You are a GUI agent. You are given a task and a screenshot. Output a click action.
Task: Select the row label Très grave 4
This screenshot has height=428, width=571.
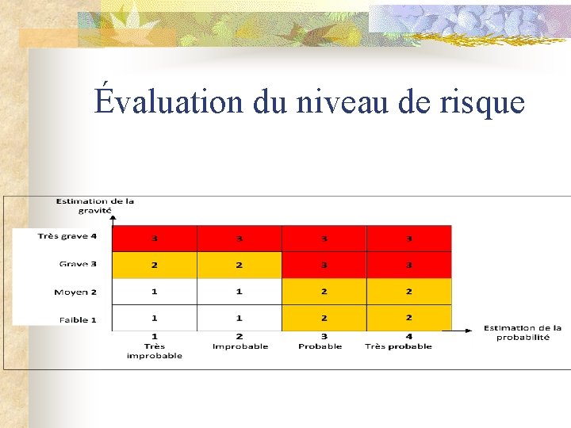(67, 236)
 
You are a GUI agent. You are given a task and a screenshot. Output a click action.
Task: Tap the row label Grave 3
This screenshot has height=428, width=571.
(78, 264)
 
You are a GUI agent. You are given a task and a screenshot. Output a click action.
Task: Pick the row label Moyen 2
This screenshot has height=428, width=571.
(75, 292)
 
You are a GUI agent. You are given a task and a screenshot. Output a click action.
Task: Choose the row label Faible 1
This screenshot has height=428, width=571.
(78, 319)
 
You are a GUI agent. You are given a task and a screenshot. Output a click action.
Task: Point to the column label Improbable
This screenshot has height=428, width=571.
(240, 346)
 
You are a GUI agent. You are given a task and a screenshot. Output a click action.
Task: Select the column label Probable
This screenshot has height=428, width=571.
(320, 346)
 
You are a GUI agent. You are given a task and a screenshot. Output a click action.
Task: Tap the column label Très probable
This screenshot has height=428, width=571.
(398, 346)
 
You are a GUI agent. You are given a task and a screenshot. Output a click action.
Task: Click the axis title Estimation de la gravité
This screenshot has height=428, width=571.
(95, 205)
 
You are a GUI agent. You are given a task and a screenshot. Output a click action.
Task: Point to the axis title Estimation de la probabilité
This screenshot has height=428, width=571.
(523, 332)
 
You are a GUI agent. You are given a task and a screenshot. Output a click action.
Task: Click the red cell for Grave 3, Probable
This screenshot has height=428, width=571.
(324, 265)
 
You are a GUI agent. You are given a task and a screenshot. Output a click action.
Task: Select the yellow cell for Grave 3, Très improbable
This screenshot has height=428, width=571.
(155, 265)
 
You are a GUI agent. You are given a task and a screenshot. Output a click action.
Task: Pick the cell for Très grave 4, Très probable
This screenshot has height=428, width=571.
(409, 238)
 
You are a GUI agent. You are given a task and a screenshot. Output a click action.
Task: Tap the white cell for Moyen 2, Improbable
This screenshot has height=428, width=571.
(240, 292)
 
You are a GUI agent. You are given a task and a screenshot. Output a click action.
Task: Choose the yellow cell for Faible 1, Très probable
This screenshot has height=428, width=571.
(409, 318)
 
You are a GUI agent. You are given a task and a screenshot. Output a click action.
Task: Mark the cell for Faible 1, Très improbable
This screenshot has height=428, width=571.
(155, 318)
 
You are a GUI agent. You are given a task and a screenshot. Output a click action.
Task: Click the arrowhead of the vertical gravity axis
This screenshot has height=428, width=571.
(113, 216)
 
